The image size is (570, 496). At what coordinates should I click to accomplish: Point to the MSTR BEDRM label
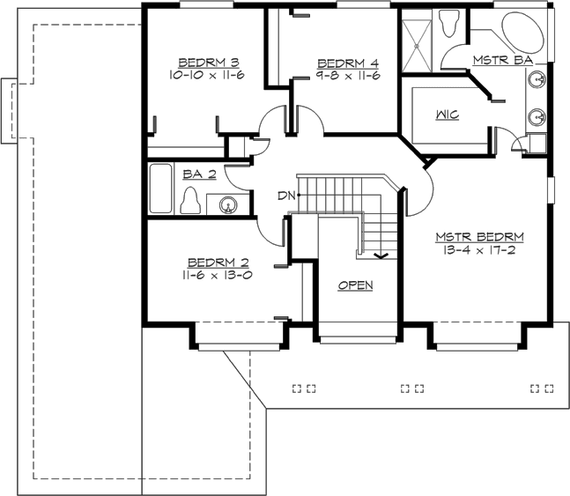(x=480, y=237)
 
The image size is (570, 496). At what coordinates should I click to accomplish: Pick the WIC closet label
(x=445, y=115)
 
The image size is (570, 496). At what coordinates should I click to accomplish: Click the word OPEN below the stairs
(x=355, y=285)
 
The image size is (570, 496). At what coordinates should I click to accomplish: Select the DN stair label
(x=286, y=194)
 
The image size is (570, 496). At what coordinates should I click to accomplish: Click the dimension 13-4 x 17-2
(x=480, y=250)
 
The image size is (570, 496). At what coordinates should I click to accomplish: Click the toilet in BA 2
(x=189, y=204)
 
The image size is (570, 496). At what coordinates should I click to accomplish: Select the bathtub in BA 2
(x=160, y=189)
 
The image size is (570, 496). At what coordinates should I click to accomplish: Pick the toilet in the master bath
(x=449, y=24)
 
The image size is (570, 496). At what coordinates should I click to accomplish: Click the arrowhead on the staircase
(x=381, y=256)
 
